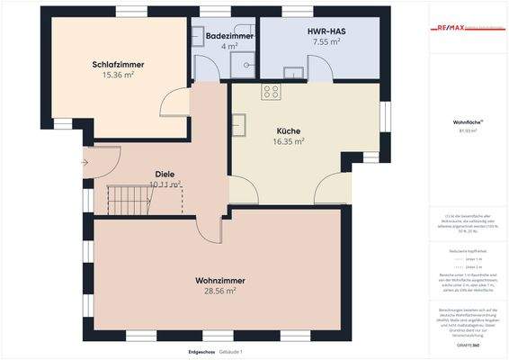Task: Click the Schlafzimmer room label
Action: pyautogui.click(x=118, y=64)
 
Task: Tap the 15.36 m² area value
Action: pyautogui.click(x=118, y=76)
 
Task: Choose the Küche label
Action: pyautogui.click(x=289, y=130)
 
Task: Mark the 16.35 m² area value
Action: pyautogui.click(x=289, y=141)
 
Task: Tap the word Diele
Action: pyautogui.click(x=165, y=174)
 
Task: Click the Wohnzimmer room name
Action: pyautogui.click(x=220, y=281)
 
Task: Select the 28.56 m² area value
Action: pyautogui.click(x=220, y=292)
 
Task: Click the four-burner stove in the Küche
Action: pyautogui.click(x=271, y=91)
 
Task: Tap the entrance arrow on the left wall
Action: pyautogui.click(x=85, y=163)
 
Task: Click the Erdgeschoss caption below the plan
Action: pyautogui.click(x=200, y=350)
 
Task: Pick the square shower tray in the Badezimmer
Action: pyautogui.click(x=201, y=61)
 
